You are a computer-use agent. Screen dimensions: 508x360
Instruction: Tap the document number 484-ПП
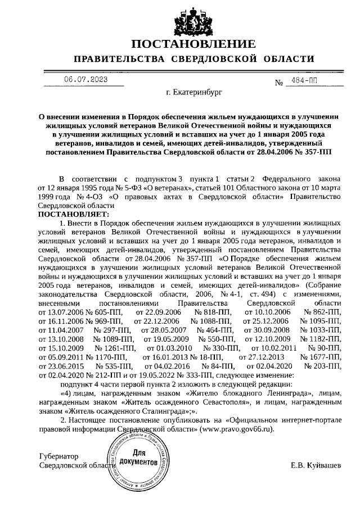pyautogui.click(x=301, y=81)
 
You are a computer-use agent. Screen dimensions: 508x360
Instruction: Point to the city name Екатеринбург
pyautogui.click(x=194, y=90)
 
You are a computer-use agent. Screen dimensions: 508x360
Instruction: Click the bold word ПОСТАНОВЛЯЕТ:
pyautogui.click(x=69, y=215)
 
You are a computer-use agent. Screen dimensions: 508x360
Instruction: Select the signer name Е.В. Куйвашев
pyautogui.click(x=316, y=465)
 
